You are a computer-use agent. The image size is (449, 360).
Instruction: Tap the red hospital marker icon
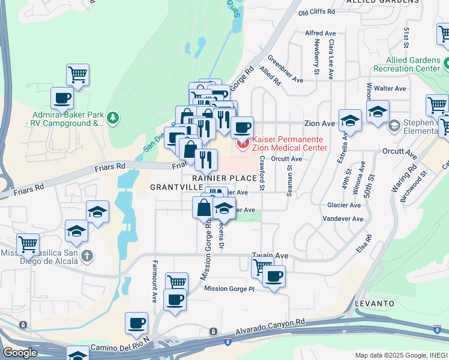[243, 143]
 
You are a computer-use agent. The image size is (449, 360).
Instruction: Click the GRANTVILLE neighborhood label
[176, 187]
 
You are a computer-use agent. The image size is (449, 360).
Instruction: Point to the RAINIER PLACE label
[224, 178]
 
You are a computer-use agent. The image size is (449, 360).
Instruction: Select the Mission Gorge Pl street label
[229, 289]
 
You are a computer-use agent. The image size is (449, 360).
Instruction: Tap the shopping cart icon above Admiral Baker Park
[77, 74]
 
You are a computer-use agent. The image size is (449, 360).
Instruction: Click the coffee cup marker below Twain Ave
[274, 276]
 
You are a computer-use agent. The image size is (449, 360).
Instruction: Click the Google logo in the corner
[20, 353]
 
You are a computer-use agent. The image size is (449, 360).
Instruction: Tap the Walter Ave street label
[387, 88]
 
